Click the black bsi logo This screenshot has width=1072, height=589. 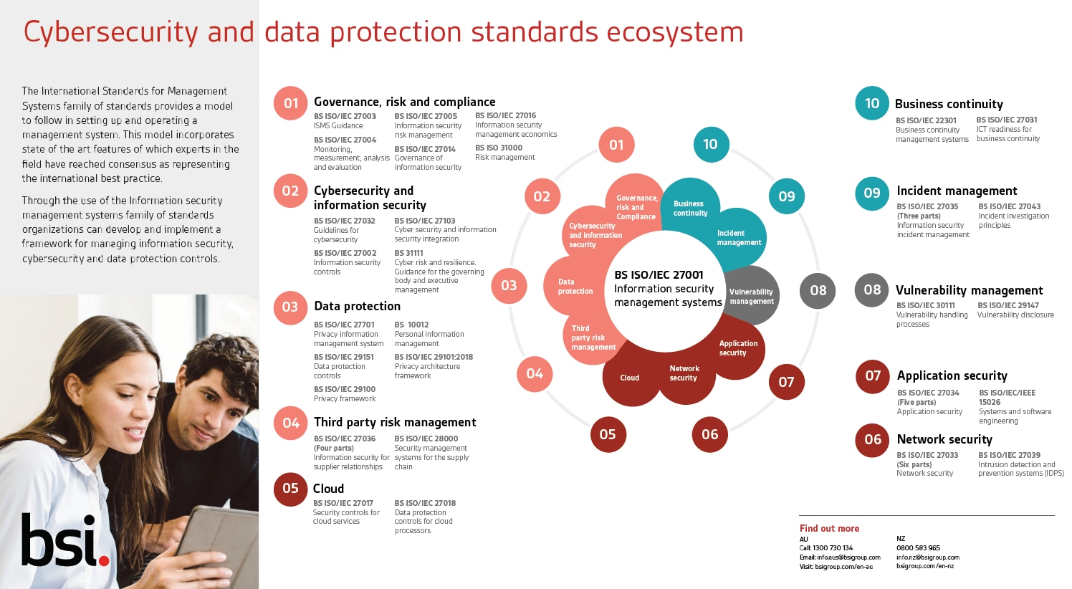(x=65, y=540)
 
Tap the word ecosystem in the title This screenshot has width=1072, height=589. (x=675, y=32)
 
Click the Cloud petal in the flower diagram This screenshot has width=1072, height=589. (x=629, y=378)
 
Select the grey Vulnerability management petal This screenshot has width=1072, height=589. (x=752, y=296)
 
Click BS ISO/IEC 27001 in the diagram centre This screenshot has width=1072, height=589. (x=659, y=274)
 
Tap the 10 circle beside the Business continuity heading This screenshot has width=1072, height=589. (x=871, y=103)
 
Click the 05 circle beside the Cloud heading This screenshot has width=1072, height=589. (x=290, y=488)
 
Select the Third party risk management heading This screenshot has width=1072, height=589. (x=395, y=422)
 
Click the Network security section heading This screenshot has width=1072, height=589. (x=944, y=439)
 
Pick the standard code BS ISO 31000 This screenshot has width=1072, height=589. (x=499, y=148)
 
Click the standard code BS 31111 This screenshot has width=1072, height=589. (x=408, y=253)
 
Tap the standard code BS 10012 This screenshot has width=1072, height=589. (x=411, y=325)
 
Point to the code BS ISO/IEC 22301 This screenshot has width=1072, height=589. (x=926, y=120)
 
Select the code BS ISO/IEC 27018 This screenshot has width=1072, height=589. (x=425, y=503)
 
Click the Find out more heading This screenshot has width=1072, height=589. (x=829, y=528)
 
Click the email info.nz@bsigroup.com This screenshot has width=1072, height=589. (x=928, y=557)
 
